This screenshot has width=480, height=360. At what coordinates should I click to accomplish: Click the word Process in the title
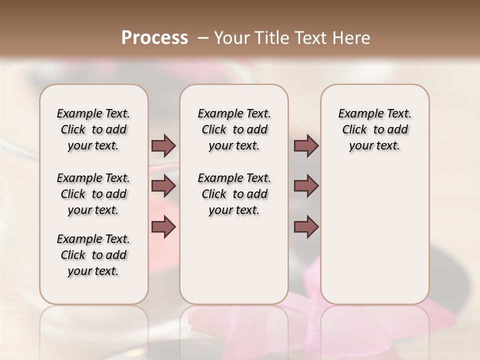[x=154, y=38]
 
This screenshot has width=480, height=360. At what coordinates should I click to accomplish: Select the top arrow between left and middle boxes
[x=163, y=146]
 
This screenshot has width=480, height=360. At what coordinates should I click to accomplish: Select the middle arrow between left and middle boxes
[x=163, y=186]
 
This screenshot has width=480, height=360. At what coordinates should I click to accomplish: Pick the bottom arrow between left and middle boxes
[x=163, y=227]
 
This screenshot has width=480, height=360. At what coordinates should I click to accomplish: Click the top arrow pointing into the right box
[x=306, y=146]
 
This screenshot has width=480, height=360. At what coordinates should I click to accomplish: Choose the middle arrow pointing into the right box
[x=306, y=186]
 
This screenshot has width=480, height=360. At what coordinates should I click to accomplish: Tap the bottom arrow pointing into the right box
[x=306, y=227]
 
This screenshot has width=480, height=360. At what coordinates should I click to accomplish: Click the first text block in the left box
[x=93, y=129]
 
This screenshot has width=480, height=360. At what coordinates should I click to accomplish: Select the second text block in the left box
[x=93, y=194]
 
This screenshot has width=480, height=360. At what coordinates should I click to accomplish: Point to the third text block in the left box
[x=93, y=255]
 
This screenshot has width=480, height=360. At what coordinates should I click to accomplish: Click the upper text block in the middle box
[x=234, y=129]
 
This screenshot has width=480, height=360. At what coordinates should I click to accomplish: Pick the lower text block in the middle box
[x=234, y=194]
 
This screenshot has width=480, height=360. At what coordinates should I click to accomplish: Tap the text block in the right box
[x=374, y=129]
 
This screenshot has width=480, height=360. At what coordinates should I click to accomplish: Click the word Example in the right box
[x=357, y=114]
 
